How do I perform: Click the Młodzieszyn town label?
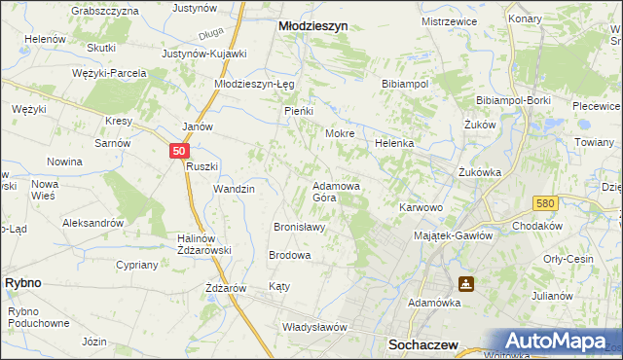click(313, 28)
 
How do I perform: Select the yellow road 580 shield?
click(545, 202)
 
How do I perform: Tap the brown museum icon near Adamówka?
click(466, 283)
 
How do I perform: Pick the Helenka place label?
click(395, 143)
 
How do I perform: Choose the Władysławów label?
click(314, 327)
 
